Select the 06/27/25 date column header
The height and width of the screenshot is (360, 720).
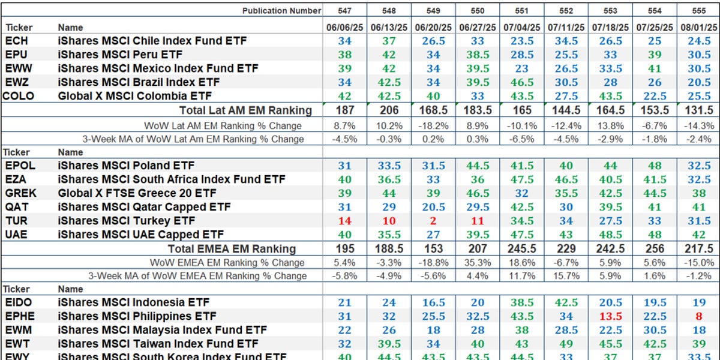476,27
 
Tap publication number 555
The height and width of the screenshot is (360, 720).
698,10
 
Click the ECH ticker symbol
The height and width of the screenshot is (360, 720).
16,41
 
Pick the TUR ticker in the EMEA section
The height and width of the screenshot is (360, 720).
16,220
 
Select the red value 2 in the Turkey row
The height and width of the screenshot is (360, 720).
432,220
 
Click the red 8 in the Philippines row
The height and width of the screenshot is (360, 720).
698,316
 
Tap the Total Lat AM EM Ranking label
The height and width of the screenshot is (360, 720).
245,110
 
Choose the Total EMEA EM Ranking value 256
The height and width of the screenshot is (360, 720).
654,248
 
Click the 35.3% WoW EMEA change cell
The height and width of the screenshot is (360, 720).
476,262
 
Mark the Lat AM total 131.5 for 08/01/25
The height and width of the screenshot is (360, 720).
698,110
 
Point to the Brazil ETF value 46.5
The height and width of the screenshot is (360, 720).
521,82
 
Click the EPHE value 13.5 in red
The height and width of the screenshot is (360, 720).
610,316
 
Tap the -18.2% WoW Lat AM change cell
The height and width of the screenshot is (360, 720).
432,125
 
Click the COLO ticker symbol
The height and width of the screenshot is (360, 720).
18,96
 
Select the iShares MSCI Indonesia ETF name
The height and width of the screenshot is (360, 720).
133,302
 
